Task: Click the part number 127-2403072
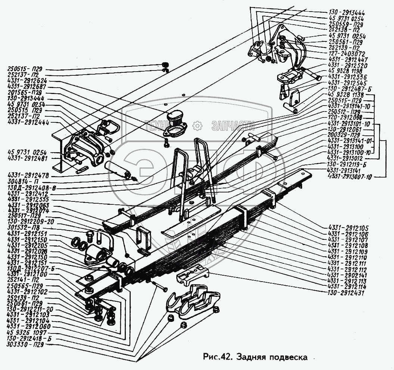(347, 54)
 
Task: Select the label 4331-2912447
(348, 59)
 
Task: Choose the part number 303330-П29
(27, 345)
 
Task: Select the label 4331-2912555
(27, 200)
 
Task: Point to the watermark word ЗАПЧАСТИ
(232, 126)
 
